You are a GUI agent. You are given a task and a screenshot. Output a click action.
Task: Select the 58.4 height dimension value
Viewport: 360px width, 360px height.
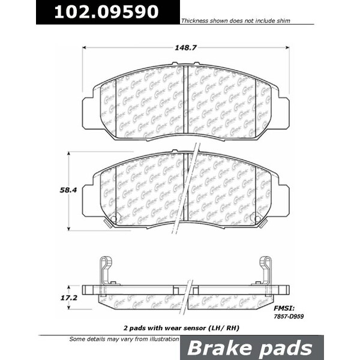(58, 191)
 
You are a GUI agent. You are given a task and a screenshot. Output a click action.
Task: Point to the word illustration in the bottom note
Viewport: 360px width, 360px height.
(162, 340)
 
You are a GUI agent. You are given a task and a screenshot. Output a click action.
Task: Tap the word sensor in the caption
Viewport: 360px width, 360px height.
(199, 329)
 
